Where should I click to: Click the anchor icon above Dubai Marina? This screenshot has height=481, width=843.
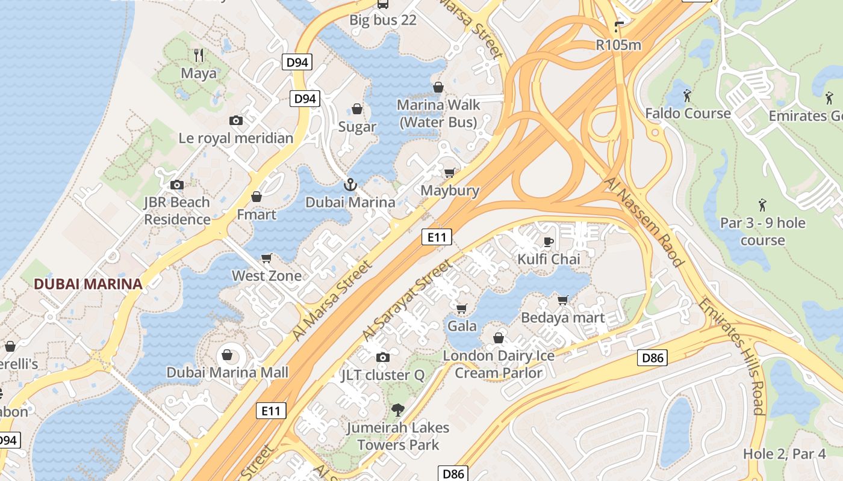(350, 185)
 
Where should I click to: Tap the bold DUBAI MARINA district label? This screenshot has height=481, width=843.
(88, 284)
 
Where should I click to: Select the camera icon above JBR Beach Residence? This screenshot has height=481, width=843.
(177, 185)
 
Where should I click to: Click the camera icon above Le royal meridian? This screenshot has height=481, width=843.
(236, 120)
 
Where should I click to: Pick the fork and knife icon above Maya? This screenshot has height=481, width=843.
(199, 55)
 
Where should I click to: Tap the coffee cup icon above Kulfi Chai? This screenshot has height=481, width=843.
(548, 242)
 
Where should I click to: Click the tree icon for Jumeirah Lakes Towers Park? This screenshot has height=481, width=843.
(397, 410)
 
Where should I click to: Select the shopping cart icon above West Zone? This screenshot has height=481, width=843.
(267, 258)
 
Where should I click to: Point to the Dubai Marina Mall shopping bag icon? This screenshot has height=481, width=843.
(228, 355)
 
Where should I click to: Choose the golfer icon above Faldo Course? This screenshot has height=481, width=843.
(687, 96)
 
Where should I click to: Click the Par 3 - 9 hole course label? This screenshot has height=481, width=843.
(762, 231)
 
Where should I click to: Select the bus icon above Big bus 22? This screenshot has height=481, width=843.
(383, 4)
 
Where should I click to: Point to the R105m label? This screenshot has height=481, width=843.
(618, 45)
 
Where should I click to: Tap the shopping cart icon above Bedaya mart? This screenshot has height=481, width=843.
(563, 299)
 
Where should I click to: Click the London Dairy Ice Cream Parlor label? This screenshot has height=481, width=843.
(499, 364)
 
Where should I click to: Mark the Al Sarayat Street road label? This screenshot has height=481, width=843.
(407, 300)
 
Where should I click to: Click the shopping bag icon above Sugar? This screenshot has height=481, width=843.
(357, 109)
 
